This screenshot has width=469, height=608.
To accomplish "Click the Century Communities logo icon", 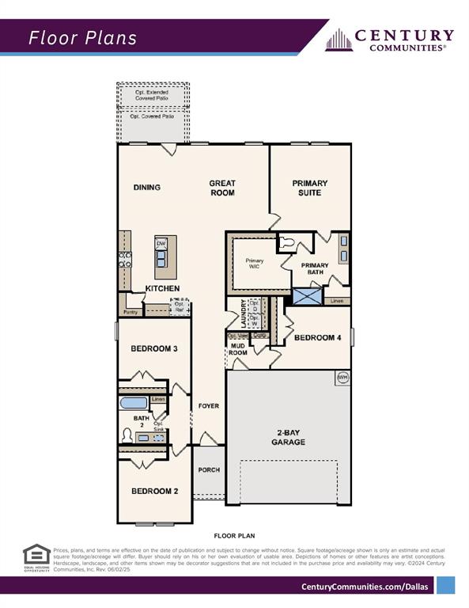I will pos(339,40).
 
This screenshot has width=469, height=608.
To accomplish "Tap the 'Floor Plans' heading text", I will pos(82,38).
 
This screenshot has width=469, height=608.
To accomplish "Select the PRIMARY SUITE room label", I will pos(309,188).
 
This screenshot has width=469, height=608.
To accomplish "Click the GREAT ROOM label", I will pos(222,188).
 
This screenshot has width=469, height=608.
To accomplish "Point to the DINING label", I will pos(146,188).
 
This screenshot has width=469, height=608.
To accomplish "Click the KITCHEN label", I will pos(162,288).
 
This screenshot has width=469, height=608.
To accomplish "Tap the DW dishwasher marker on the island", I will pos(161,243).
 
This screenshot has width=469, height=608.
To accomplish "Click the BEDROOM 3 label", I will pos(153,349).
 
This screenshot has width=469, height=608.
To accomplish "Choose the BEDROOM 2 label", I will pos(154,491).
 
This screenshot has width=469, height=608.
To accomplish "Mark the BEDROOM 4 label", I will pos(317,337).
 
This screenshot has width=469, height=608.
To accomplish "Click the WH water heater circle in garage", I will pos(342,378).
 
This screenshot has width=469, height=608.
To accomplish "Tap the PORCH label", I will pos(209,469).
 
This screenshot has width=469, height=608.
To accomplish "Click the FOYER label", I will pos(209,406).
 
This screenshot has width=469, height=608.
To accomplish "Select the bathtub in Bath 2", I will pos(133,403).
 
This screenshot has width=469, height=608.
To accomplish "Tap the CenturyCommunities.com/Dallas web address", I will pos(365,586).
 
